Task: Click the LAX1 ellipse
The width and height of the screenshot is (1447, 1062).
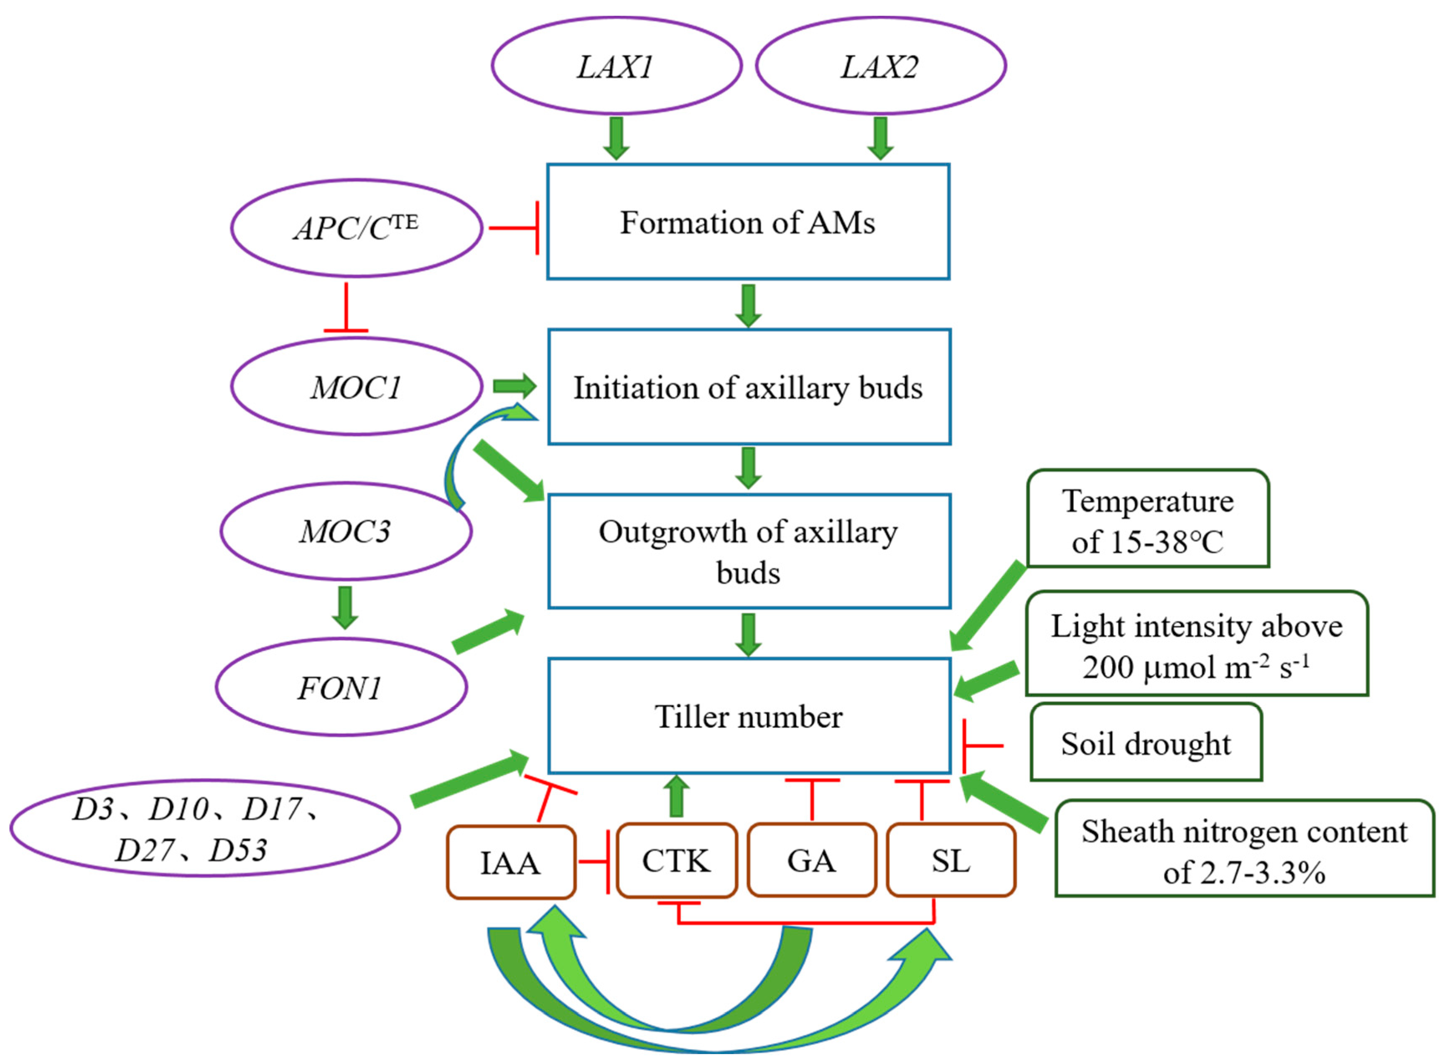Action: point(616,66)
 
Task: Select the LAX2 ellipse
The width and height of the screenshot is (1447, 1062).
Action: point(880,66)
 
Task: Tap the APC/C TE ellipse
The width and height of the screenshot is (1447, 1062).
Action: point(356,228)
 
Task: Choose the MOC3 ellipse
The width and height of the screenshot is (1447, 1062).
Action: point(346,531)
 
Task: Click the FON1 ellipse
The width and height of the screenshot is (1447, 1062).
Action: point(341,687)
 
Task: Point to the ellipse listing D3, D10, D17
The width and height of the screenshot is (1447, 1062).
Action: point(204,829)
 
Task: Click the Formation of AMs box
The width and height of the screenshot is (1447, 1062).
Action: point(748,222)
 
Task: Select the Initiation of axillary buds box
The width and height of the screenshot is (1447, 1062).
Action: point(749,387)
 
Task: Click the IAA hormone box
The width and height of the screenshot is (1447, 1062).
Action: point(511,862)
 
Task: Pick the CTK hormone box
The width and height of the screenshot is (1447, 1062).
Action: point(676,860)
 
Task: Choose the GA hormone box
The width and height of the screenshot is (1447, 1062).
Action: point(812,860)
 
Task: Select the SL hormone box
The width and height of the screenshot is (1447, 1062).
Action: point(950,860)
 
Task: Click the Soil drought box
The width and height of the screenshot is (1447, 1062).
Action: point(1146,743)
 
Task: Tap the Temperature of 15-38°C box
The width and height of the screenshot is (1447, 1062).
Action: point(1148,519)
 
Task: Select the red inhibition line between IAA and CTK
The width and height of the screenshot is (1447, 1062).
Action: point(594,861)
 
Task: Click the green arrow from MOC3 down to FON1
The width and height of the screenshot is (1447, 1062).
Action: point(345,608)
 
